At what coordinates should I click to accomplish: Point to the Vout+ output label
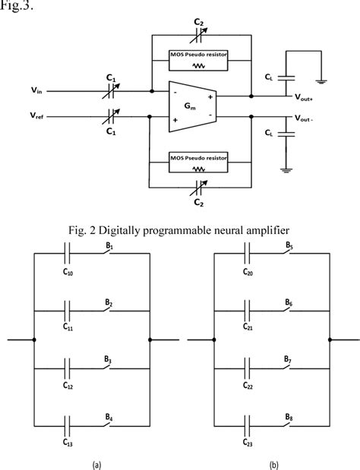[307, 97]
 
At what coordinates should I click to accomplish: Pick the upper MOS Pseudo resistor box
[201, 60]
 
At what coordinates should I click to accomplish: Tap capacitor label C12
[68, 385]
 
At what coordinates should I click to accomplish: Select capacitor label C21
[248, 329]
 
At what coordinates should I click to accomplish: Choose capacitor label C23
[248, 442]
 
